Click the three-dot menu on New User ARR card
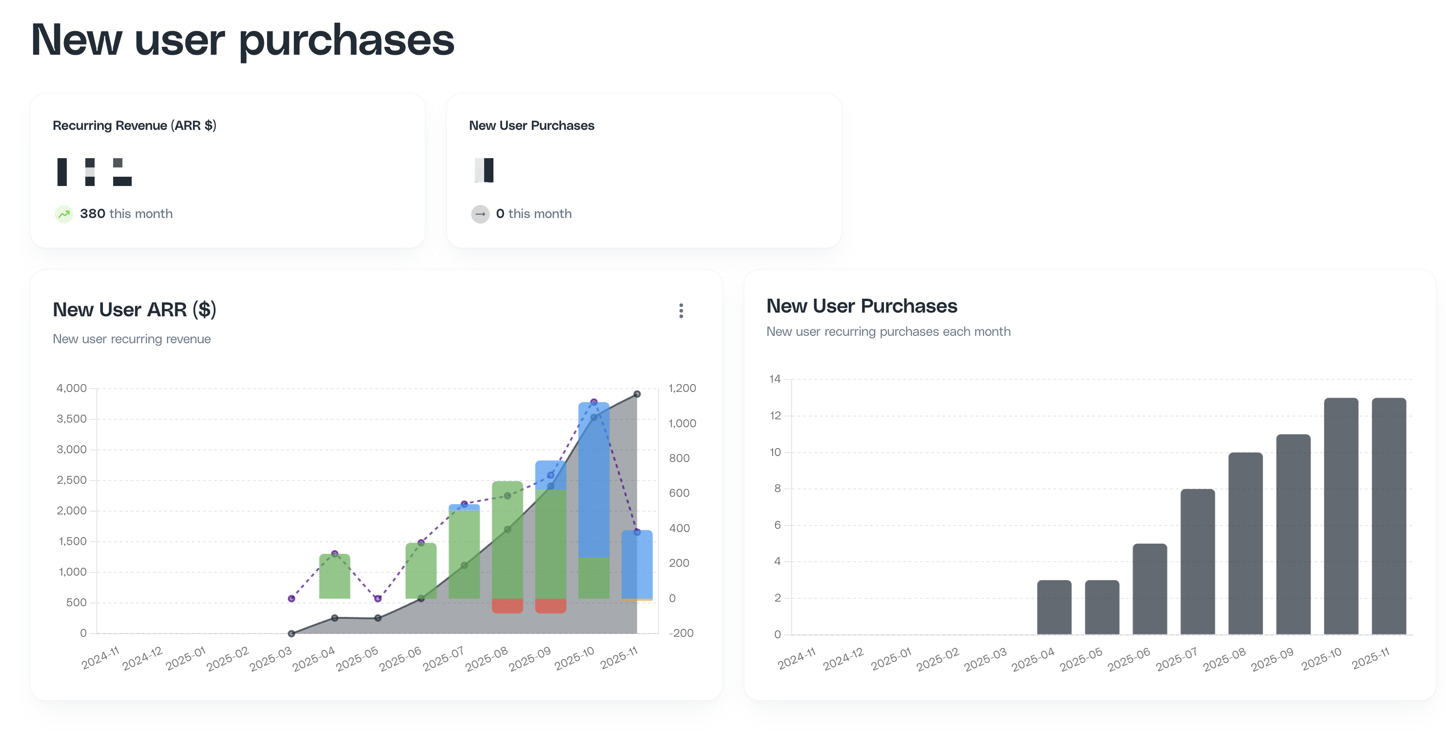click(x=681, y=310)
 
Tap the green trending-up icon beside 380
click(x=64, y=214)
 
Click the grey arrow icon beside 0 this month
click(x=480, y=214)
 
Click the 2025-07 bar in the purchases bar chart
click(x=1197, y=561)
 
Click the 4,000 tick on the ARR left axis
click(x=72, y=388)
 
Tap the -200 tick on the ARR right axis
click(x=681, y=633)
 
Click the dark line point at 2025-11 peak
click(x=637, y=394)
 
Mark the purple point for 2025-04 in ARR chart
click(x=334, y=553)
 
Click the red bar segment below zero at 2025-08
click(x=507, y=606)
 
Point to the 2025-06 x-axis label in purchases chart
click(x=1129, y=659)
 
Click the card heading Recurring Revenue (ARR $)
click(x=134, y=125)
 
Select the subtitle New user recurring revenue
click(x=132, y=339)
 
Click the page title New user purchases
click(x=243, y=40)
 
